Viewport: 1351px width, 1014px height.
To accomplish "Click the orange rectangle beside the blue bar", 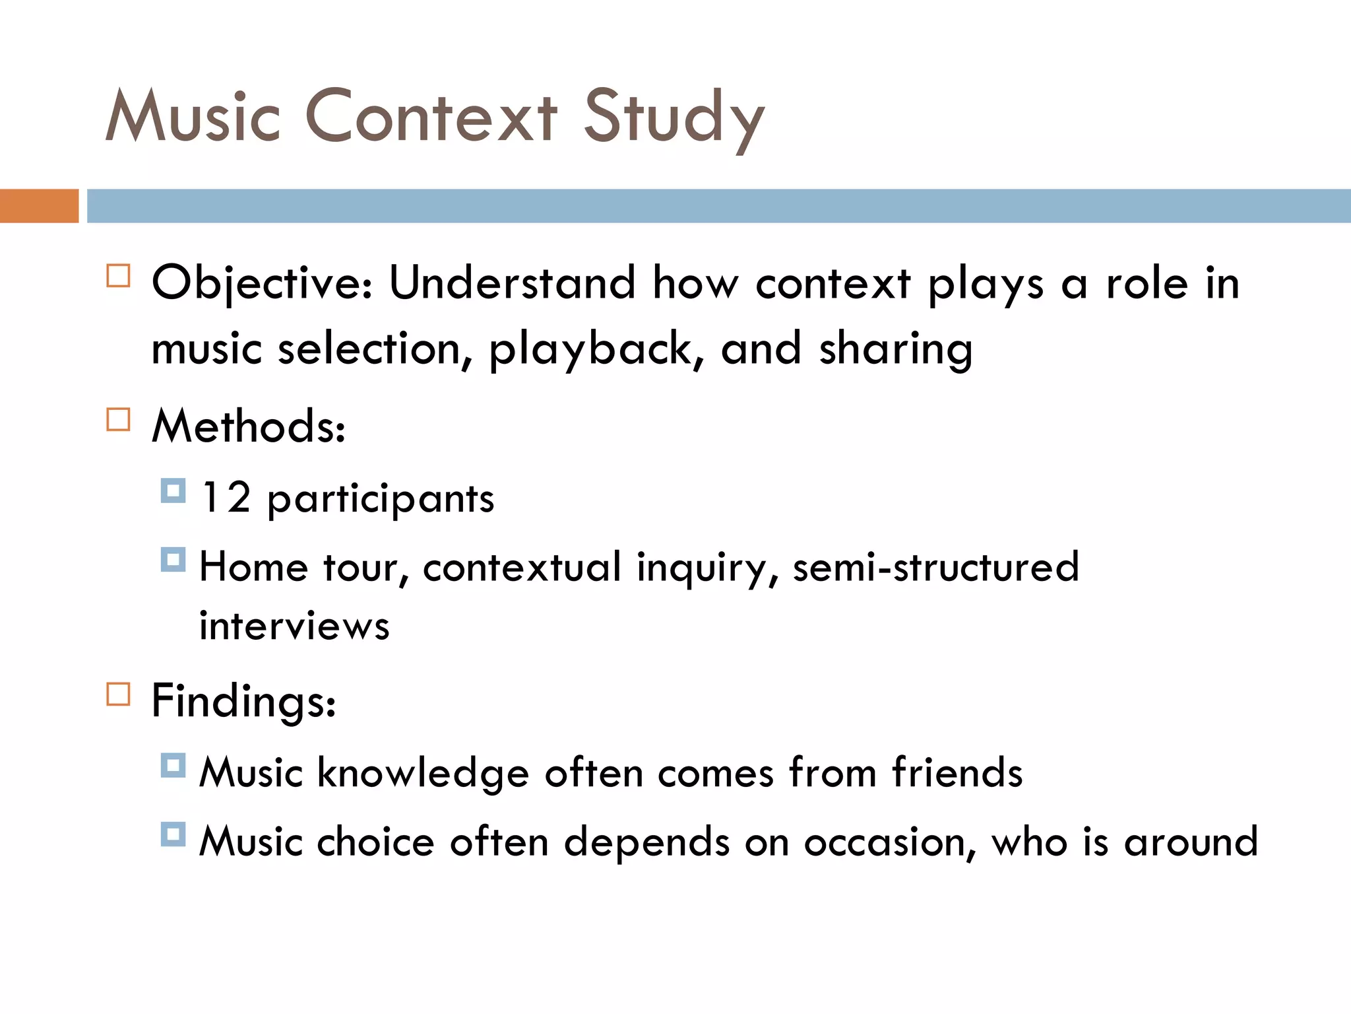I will (39, 206).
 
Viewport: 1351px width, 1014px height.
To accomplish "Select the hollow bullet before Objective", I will (118, 275).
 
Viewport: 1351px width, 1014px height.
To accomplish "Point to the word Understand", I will (512, 283).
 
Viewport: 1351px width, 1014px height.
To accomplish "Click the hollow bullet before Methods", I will (118, 419).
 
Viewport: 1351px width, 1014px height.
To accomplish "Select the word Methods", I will (248, 426).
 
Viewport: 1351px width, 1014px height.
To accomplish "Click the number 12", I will (226, 497).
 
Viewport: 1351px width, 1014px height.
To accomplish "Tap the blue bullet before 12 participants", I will (173, 491).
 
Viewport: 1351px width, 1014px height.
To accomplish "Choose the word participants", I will (381, 500).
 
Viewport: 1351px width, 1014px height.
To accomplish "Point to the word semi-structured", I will (935, 566).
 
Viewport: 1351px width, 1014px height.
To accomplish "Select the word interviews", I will (294, 625).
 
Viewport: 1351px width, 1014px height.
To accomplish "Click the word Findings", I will (243, 701).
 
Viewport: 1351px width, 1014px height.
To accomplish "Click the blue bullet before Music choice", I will (173, 834).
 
